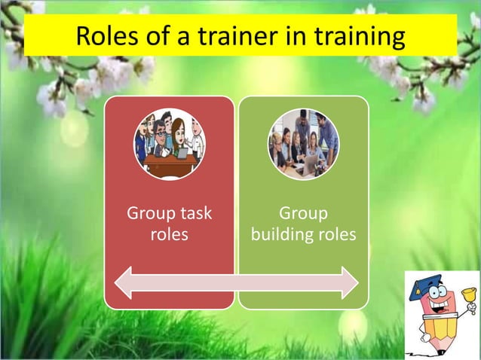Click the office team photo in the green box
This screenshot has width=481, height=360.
[x=304, y=143]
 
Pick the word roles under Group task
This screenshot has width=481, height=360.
[x=169, y=234]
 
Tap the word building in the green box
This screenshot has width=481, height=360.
[x=281, y=234]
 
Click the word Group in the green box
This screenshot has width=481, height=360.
[x=303, y=213]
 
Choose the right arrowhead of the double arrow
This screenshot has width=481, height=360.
[x=348, y=282]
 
